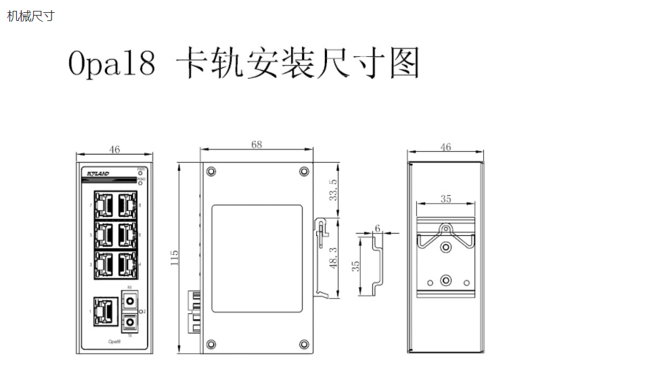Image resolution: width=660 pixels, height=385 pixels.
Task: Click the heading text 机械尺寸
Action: [30, 16]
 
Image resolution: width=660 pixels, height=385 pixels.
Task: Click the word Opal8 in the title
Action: [112, 64]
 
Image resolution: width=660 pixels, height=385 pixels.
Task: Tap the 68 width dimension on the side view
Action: [257, 144]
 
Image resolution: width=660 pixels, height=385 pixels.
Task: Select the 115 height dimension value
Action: [175, 258]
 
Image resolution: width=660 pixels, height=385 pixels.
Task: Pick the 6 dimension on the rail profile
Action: [377, 228]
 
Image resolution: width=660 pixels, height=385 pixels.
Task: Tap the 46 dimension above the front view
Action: [114, 149]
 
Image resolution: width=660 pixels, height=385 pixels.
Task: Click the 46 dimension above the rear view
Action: [445, 147]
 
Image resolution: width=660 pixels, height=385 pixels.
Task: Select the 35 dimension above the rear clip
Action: [445, 199]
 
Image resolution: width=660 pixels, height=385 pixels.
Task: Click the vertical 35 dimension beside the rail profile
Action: [357, 266]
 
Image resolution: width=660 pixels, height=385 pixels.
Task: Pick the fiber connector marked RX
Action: [129, 299]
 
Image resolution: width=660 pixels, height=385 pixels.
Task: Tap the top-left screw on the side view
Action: [211, 171]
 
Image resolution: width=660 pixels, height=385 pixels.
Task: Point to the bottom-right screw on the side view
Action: [303, 344]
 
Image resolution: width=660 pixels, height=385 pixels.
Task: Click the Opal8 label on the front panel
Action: [114, 342]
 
